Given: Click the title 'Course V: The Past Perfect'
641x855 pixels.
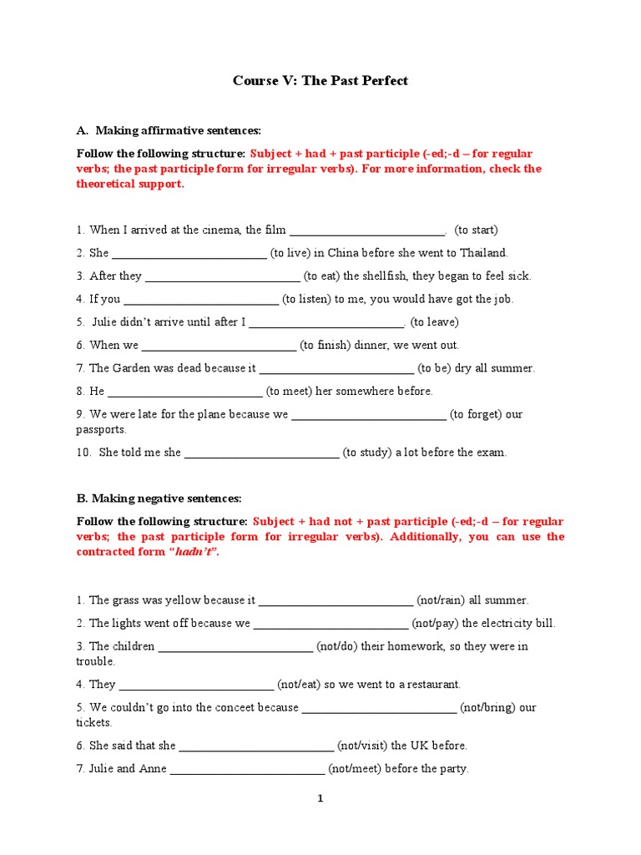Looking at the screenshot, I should (x=320, y=81).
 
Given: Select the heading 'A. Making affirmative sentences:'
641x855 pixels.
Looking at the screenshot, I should (x=169, y=130).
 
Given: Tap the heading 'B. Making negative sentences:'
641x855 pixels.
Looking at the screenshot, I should (x=159, y=498).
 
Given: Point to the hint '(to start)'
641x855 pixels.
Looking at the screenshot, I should (x=476, y=230).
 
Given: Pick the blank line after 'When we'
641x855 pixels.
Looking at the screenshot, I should (x=219, y=346).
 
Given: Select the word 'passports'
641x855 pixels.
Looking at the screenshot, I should (x=101, y=429).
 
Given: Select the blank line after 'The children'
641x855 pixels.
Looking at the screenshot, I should (x=235, y=647).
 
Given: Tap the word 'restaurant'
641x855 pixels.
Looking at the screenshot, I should (x=429, y=685).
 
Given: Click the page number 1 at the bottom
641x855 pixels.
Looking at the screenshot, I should (x=320, y=799).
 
